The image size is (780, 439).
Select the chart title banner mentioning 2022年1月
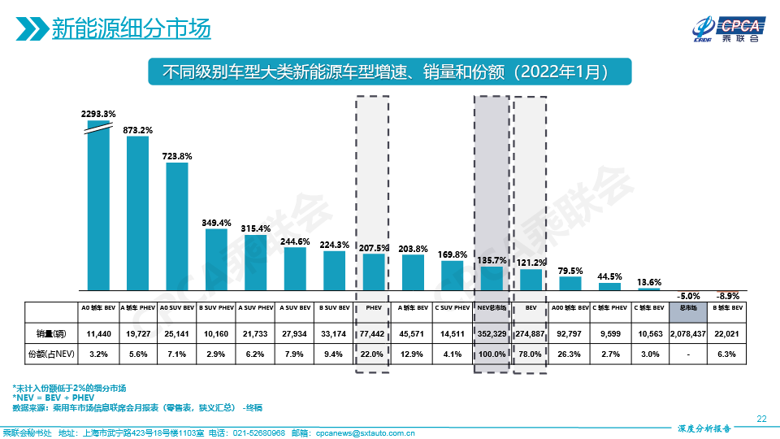coord(389,71)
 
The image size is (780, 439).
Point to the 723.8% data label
coord(177,155)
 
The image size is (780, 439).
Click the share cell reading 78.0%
coord(531,354)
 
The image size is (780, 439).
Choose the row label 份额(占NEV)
coord(50,354)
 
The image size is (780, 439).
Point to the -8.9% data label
coord(727,296)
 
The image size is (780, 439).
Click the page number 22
coord(761,418)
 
